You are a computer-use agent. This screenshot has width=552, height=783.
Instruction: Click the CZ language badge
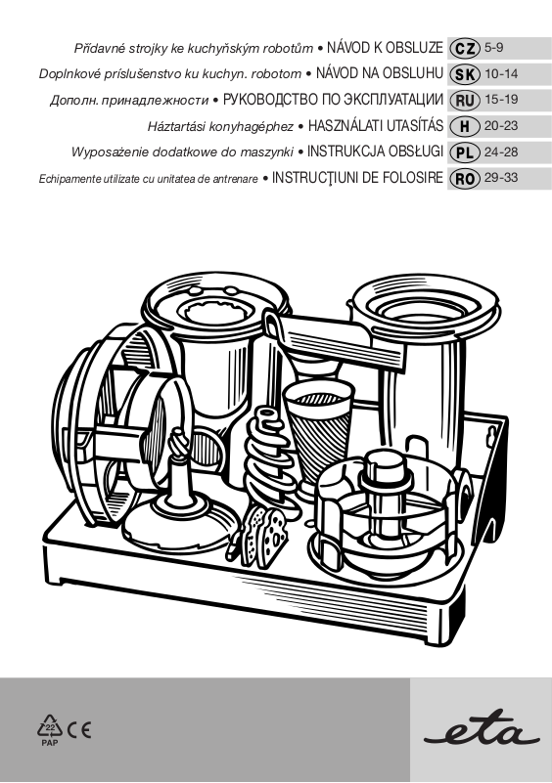(465, 48)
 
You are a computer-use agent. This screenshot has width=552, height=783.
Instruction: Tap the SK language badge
(465, 74)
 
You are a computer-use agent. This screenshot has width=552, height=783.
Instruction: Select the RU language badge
(465, 100)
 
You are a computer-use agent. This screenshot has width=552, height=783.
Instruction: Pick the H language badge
(465, 126)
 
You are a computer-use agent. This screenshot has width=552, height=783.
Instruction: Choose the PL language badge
(465, 152)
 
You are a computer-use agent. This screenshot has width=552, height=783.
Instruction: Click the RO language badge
(465, 178)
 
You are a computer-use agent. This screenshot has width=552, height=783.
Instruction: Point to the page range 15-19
(501, 100)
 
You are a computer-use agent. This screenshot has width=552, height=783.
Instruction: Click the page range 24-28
(501, 152)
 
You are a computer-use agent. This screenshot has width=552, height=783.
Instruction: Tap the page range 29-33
(501, 177)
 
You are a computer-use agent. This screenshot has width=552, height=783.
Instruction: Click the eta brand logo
(481, 732)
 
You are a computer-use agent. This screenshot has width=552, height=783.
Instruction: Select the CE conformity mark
(79, 730)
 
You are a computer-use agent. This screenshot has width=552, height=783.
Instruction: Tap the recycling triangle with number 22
(50, 726)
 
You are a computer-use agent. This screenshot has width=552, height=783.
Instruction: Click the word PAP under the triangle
(50, 743)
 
